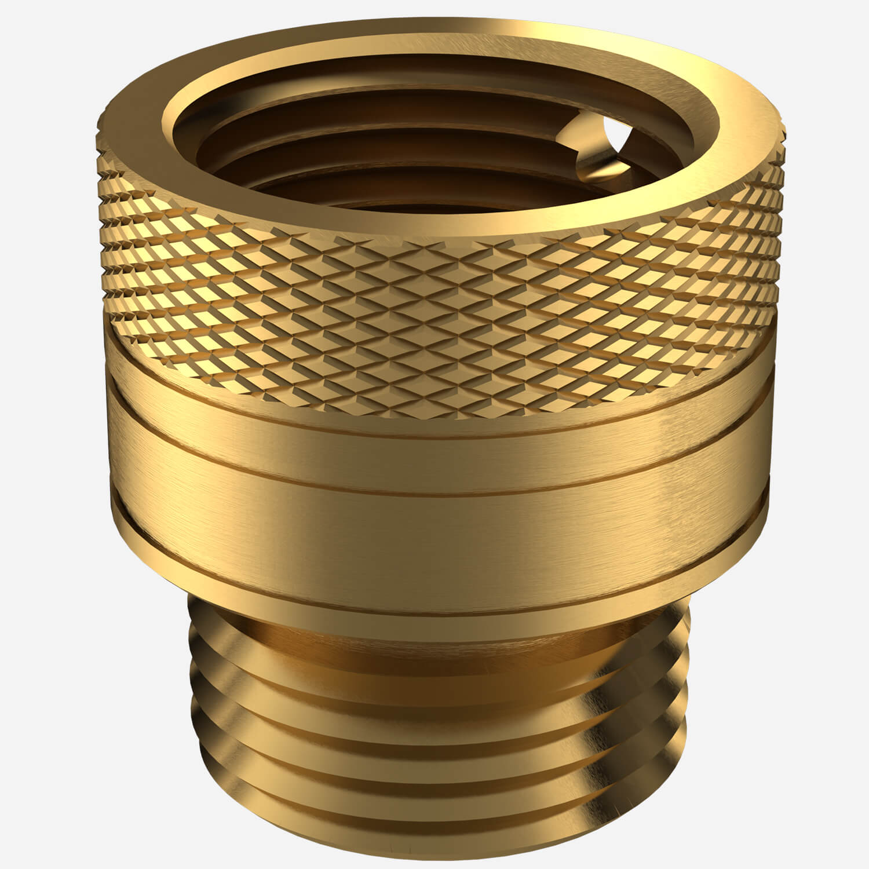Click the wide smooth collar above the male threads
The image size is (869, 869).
(x=440, y=521)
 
